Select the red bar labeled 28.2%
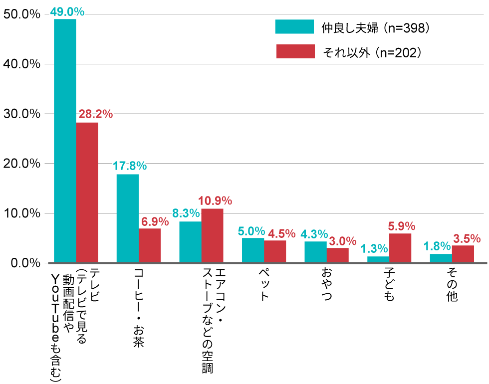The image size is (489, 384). tap(87, 192)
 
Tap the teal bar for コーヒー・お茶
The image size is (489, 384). tap(128, 218)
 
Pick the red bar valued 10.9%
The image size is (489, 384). tap(212, 235)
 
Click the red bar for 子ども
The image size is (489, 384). tap(400, 248)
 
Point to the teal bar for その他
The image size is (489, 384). tap(441, 258)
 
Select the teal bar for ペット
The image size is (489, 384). tap(253, 250)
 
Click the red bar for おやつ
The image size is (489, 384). tap(338, 255)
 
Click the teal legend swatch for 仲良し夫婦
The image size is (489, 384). tap(294, 27)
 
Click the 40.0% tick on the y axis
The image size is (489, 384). tap(21, 64)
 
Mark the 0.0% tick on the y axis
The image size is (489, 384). tap(24, 263)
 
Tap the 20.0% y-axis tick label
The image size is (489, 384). tap(21, 164)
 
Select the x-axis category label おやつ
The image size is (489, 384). tap(327, 285)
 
